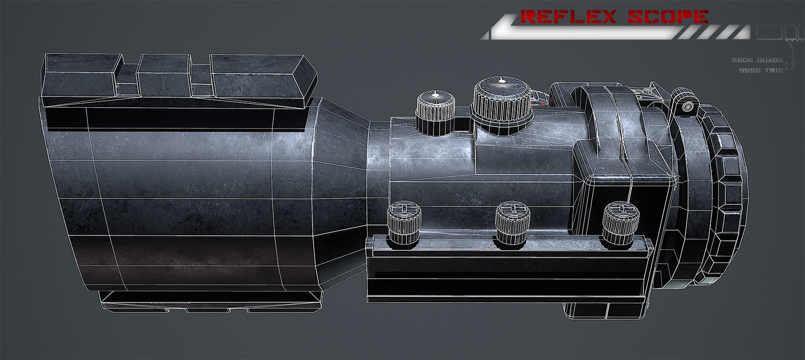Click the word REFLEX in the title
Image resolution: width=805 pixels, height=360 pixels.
(569, 16)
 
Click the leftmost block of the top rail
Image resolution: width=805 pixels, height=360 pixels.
(80, 75)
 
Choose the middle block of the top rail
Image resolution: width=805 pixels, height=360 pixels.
(164, 75)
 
